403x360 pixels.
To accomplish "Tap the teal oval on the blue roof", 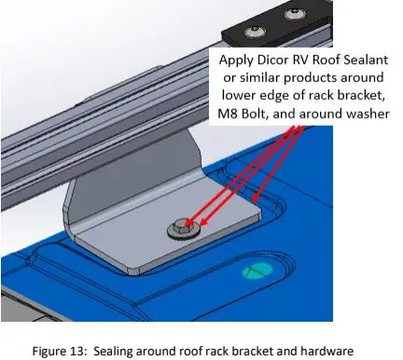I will point(256,271).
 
